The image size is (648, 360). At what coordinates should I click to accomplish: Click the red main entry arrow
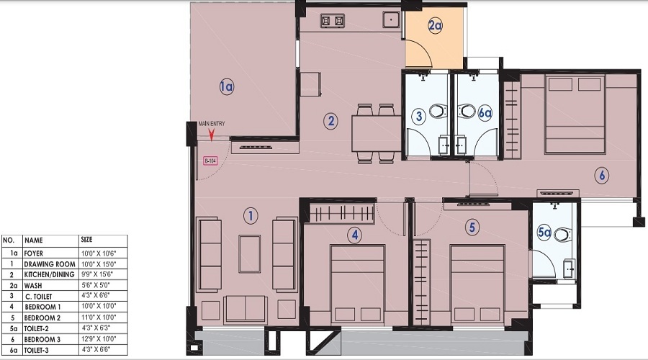point(212,135)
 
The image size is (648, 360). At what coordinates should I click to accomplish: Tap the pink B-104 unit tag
point(210,161)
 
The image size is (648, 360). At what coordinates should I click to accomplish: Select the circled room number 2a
point(435,26)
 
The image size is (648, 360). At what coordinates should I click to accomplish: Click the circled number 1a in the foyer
point(227,87)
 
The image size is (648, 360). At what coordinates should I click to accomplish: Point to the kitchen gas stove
point(332,21)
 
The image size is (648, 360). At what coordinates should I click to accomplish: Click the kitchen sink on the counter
point(390,19)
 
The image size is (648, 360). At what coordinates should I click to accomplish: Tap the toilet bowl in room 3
point(438,111)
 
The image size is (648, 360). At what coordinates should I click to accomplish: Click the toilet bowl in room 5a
point(563,234)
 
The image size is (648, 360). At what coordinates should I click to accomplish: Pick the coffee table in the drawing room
point(250,253)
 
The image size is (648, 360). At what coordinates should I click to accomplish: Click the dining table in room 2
point(376,133)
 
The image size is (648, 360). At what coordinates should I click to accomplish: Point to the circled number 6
point(602,176)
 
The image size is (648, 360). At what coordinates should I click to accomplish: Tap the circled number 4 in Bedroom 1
point(354,235)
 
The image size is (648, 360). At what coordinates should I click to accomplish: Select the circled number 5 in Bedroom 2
point(472,227)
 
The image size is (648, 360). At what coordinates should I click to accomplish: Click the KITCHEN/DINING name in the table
point(49,274)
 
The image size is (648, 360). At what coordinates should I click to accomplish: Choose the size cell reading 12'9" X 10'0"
point(99,339)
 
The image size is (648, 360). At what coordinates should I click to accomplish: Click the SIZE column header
point(87,240)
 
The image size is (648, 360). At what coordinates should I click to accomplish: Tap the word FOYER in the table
point(33,253)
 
